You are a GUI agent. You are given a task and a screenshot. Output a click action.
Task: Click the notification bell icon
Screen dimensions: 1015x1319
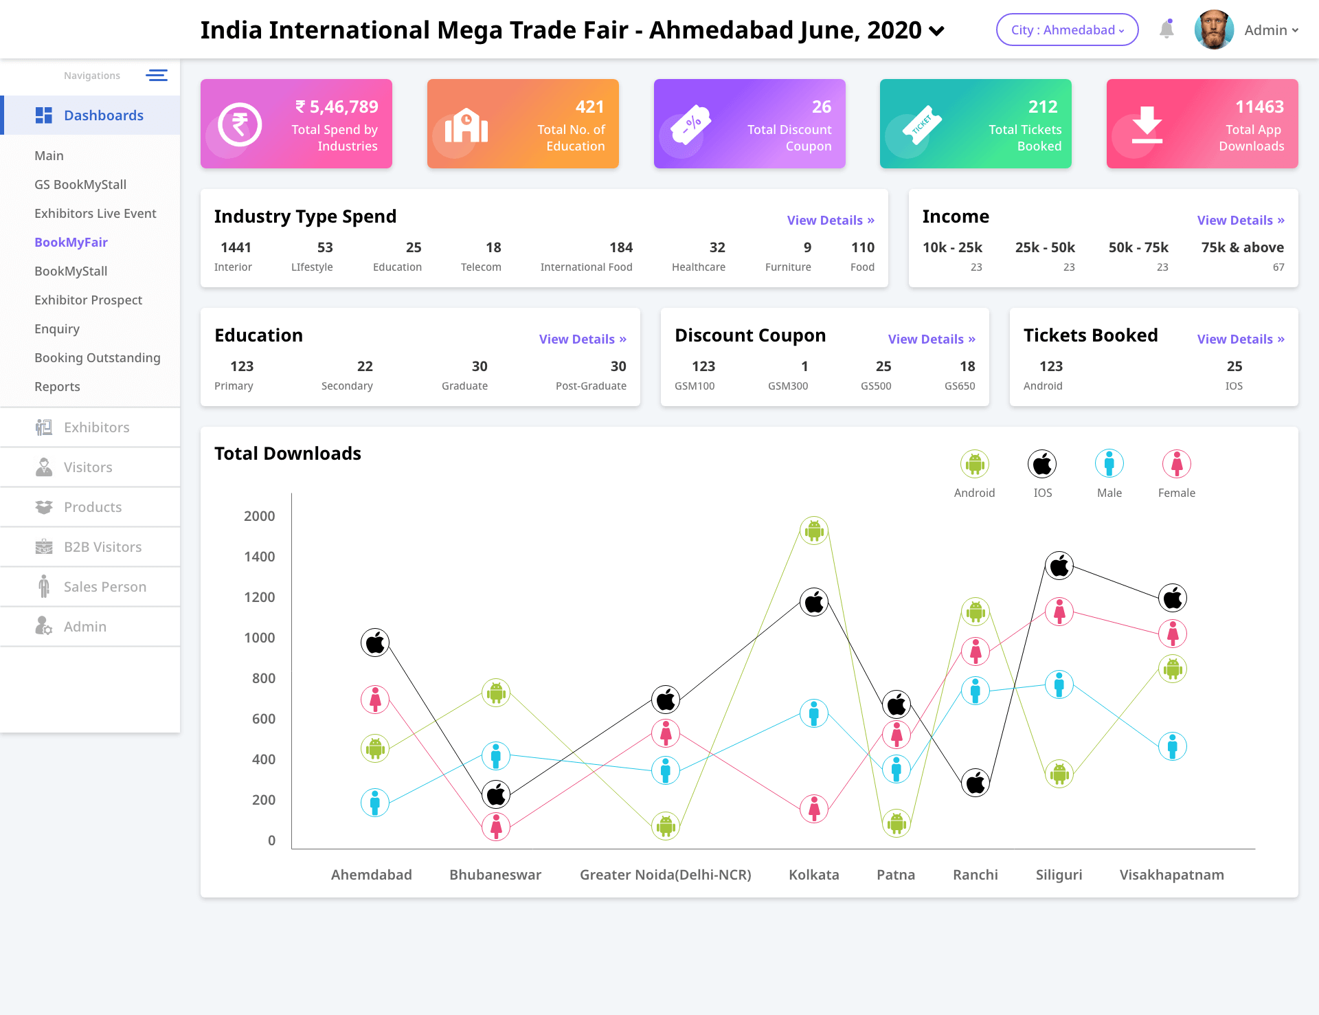coord(1166,30)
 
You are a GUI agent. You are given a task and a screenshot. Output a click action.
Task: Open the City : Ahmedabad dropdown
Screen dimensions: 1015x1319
coord(1067,30)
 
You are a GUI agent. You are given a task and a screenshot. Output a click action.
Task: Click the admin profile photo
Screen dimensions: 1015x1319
coord(1214,30)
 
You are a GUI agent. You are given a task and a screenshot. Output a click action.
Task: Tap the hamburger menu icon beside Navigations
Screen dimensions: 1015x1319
coord(157,76)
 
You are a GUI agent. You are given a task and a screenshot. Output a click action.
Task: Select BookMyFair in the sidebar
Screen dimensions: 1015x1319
coord(71,242)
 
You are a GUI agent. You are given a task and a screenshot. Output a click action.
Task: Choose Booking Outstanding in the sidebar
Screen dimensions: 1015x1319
coord(97,357)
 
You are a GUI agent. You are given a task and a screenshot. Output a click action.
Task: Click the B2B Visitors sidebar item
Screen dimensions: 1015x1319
coord(102,547)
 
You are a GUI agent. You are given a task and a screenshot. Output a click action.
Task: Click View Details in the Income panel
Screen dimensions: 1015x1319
coord(1240,220)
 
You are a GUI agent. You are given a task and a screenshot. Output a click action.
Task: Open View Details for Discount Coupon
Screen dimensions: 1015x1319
coord(931,339)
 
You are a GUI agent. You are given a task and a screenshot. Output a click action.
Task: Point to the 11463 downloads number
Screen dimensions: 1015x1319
coord(1259,107)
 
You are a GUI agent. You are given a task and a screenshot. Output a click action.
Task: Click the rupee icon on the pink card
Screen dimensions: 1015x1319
coord(240,124)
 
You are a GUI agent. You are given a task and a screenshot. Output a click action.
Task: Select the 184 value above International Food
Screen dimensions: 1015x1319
coord(620,247)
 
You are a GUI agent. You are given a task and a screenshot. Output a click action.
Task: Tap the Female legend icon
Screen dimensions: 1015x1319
coord(1176,465)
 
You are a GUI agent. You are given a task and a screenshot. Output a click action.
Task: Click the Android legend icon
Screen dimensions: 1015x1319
coord(974,465)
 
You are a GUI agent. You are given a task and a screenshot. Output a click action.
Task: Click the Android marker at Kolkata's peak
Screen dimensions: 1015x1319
coord(814,531)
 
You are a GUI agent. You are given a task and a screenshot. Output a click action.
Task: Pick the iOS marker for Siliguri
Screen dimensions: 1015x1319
coord(1059,566)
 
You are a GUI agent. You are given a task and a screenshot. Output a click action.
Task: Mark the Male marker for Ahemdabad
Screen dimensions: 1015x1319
coord(375,802)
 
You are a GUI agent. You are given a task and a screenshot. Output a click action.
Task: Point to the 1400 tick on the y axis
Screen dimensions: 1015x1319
coord(260,557)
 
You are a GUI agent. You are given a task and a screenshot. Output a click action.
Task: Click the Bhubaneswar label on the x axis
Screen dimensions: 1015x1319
coord(495,875)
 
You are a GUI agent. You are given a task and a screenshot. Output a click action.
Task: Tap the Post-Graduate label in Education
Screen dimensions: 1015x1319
coord(590,386)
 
